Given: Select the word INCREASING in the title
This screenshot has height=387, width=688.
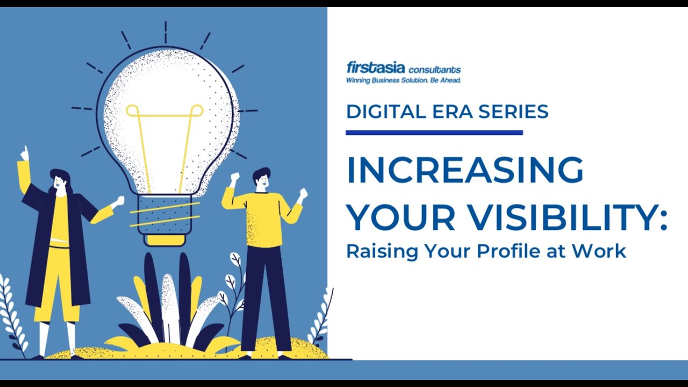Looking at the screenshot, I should (465, 170).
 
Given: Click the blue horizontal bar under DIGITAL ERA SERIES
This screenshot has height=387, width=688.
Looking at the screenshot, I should (434, 132).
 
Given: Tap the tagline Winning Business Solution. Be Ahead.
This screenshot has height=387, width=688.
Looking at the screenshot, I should (403, 81).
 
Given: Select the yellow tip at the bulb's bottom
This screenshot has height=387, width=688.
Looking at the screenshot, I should (166, 240).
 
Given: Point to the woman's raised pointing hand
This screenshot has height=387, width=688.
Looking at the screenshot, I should (24, 154).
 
